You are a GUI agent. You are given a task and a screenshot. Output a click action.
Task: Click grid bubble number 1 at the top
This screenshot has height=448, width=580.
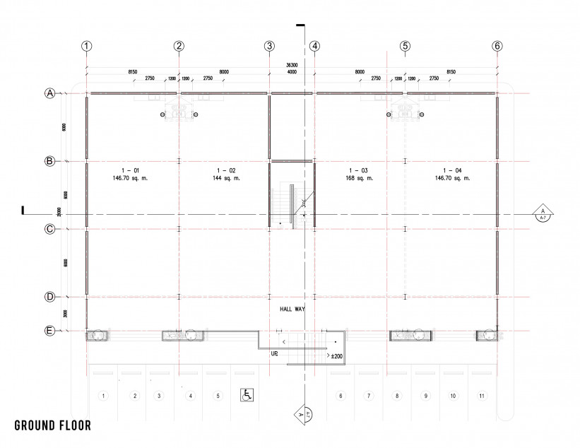[87, 46]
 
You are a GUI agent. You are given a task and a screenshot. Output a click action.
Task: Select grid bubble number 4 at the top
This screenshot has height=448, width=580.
[314, 46]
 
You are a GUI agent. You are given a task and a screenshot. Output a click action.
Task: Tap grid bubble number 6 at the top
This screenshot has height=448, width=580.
[497, 46]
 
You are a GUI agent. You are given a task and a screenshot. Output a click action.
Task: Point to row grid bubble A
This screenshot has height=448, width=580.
[50, 93]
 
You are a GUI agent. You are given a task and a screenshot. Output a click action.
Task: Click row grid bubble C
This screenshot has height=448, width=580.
[50, 229]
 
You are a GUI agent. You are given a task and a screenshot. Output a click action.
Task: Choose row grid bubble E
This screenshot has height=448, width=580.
[50, 331]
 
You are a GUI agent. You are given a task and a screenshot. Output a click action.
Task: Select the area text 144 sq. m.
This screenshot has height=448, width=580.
[226, 179]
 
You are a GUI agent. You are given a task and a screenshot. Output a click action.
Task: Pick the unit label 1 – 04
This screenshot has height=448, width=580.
[452, 170]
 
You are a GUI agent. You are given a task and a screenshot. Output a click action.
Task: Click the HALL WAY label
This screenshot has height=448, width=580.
[292, 310]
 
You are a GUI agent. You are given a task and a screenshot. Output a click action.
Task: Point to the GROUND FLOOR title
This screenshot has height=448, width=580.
[52, 426]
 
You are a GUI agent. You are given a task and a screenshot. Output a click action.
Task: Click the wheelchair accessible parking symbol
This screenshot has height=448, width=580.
[247, 395]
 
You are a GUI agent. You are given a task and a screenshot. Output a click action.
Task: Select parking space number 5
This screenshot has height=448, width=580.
[218, 396]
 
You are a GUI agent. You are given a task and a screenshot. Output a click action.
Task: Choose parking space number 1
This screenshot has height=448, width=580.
[103, 396]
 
